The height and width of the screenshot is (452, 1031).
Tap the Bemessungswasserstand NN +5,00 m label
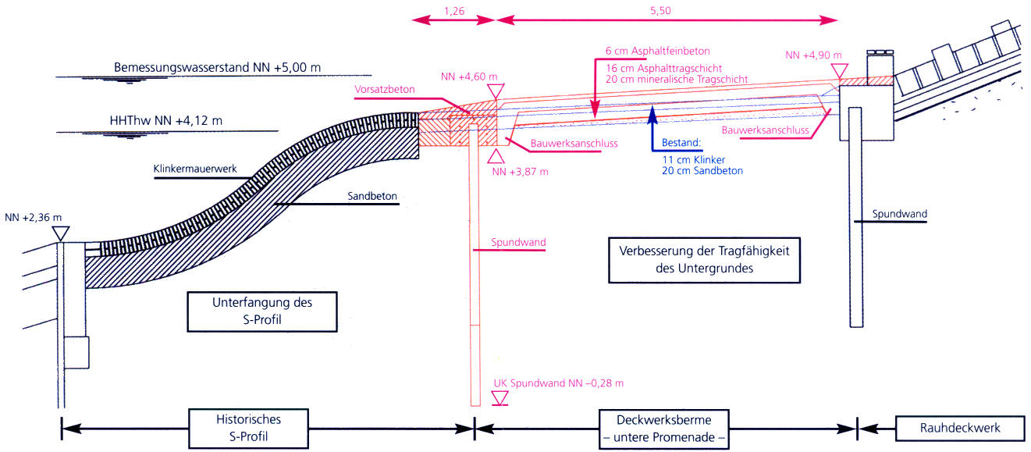point(217,68)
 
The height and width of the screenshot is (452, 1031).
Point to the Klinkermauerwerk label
point(195,169)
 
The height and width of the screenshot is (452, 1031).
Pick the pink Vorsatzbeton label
point(384,90)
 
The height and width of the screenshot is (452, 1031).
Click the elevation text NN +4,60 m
point(469,76)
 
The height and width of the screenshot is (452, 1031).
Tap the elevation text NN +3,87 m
point(519,171)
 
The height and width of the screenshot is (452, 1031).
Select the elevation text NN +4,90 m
point(814,55)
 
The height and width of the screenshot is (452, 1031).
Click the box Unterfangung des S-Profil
point(262,310)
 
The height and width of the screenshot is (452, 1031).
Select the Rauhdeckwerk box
point(959,428)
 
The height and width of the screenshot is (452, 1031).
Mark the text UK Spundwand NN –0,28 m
point(559,384)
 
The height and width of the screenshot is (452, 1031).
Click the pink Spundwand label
point(518,243)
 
